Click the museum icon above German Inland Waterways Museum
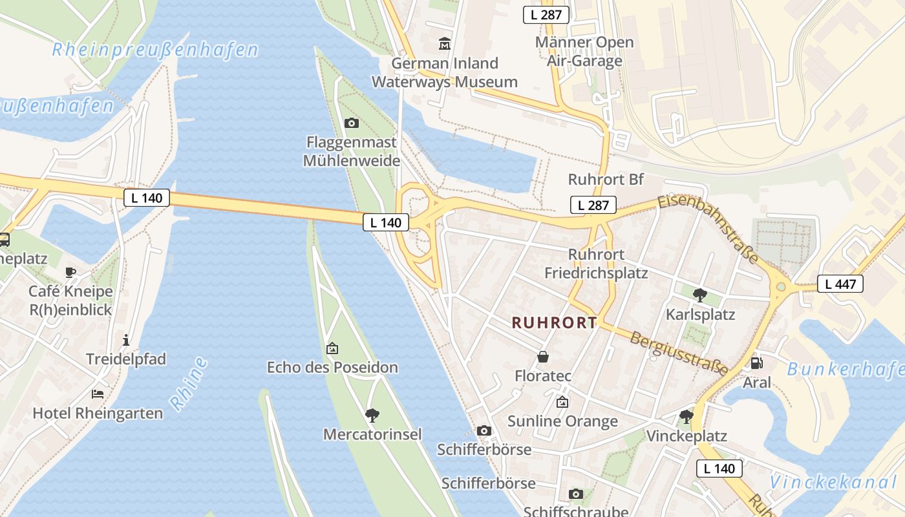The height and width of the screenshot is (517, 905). [445, 44]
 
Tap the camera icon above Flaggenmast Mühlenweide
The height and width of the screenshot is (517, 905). [351, 123]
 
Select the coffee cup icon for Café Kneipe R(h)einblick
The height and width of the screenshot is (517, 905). [70, 272]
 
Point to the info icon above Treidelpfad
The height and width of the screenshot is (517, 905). [126, 339]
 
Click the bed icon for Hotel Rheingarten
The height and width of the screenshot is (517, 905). [98, 394]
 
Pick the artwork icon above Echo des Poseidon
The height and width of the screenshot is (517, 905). [332, 348]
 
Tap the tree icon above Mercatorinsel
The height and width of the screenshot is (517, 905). [372, 415]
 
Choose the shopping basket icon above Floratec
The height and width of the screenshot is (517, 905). [543, 356]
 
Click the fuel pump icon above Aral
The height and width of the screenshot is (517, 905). [756, 363]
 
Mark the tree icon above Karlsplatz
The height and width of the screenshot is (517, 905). [699, 295]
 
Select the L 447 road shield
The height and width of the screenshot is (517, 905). [840, 283]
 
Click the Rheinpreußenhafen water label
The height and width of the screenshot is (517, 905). [155, 50]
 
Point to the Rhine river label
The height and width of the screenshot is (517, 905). [189, 384]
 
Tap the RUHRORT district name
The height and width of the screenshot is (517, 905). [555, 322]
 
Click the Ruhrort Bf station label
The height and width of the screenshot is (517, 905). [606, 179]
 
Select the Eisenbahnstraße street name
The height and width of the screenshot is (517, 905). [708, 229]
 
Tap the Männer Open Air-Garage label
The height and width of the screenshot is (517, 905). [584, 52]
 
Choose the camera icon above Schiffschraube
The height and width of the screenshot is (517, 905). [575, 494]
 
